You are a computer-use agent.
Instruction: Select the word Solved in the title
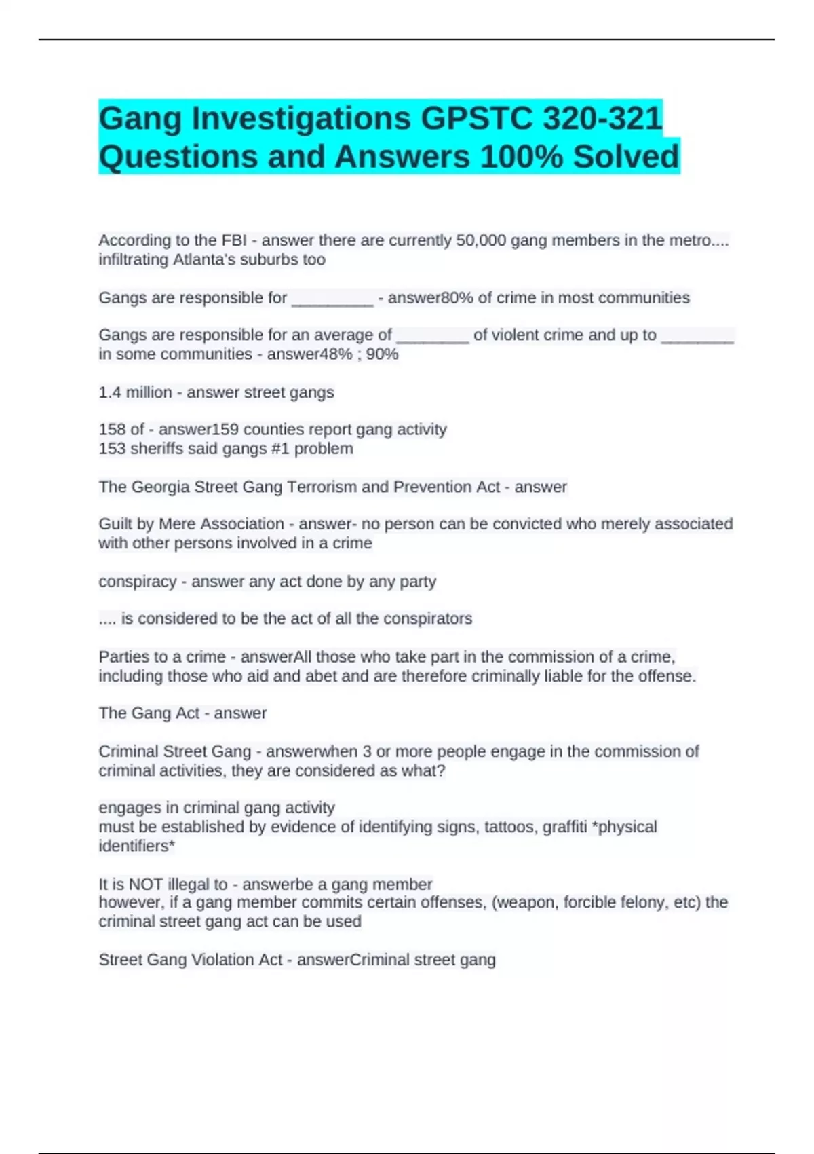625,157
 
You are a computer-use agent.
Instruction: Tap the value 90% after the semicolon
382,354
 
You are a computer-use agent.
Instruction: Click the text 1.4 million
135,392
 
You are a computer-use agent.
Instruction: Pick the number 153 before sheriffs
112,449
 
